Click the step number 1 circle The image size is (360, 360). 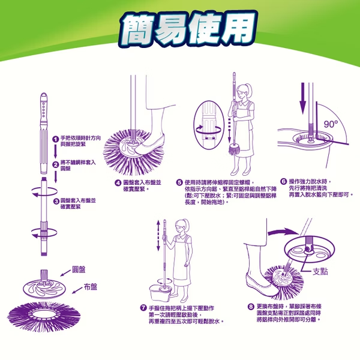coord(55,139)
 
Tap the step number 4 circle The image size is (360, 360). coord(118,183)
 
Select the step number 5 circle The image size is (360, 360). coord(179,182)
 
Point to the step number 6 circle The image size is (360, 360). coord(284,182)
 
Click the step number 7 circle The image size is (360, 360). coord(143,308)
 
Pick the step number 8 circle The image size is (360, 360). coord(251,307)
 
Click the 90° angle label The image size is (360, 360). coord(331,124)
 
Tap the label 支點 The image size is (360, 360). coord(320,272)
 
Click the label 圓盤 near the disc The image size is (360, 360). coord(79,269)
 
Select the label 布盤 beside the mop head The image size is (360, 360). coord(90,287)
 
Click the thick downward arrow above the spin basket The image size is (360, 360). coord(303,98)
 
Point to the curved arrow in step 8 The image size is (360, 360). coord(284,232)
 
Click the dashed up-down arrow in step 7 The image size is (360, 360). coord(158,236)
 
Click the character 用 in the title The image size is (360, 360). coord(239,28)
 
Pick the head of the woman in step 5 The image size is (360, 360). coord(244,91)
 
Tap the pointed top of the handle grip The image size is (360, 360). coord(44,94)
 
